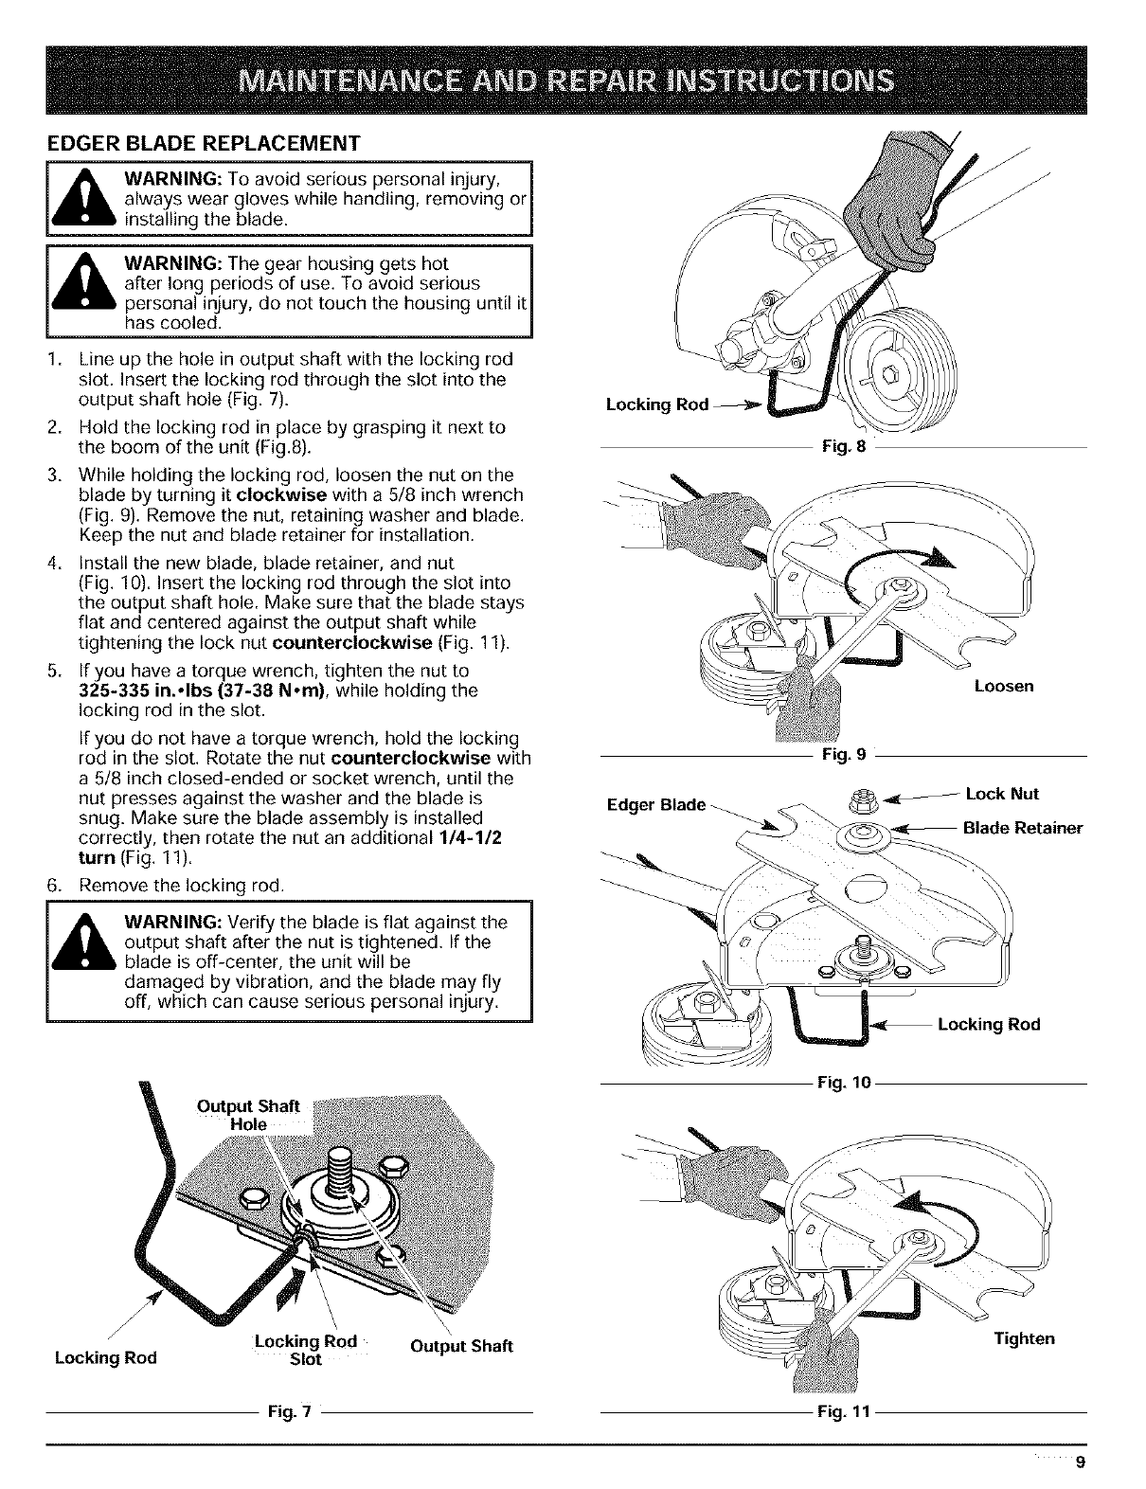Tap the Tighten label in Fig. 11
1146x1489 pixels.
[x=1024, y=1338]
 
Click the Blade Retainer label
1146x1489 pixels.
[x=1022, y=828]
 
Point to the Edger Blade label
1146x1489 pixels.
[x=655, y=805]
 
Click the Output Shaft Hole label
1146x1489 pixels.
[x=247, y=1114]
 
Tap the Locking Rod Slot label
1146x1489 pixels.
[x=305, y=1350]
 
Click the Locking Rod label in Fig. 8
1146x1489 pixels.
[x=656, y=404]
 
